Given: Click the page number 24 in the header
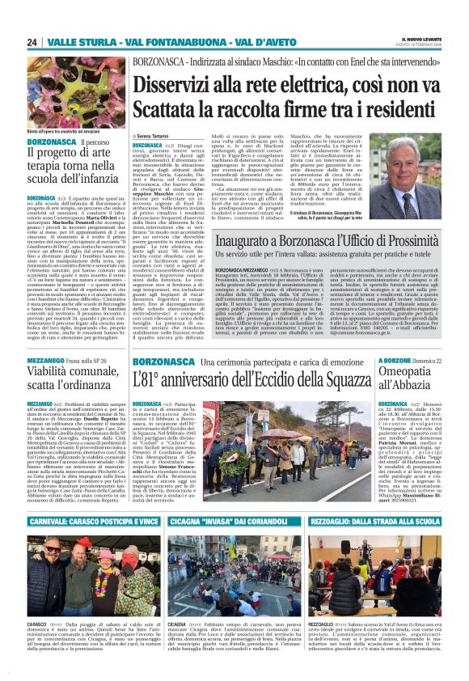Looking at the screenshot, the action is (32, 42).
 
